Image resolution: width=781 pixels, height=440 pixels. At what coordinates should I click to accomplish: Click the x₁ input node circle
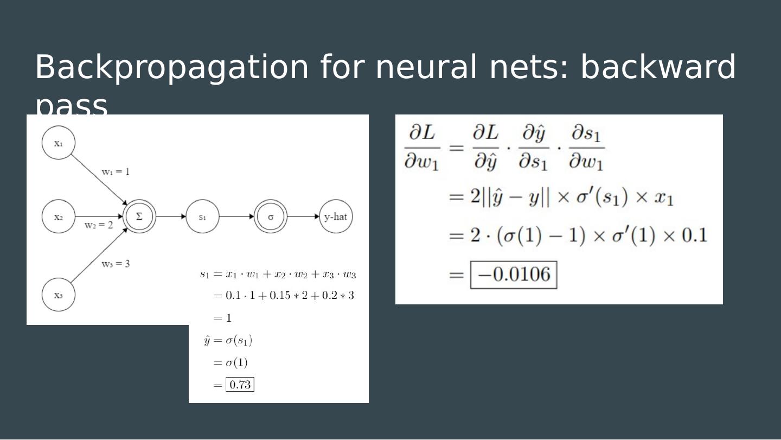[59, 143]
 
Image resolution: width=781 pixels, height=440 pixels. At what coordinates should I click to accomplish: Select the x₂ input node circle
[59, 216]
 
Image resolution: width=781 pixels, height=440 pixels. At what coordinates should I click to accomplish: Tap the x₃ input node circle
[59, 295]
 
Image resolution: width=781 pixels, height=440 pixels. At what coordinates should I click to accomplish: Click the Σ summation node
[139, 216]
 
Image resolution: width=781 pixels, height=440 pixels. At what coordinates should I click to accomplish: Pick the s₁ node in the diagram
[202, 216]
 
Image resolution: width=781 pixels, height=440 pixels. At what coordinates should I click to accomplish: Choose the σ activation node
[271, 216]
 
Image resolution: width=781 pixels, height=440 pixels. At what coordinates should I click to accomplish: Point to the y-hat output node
[336, 216]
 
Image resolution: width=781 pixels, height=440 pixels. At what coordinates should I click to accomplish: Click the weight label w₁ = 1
[116, 172]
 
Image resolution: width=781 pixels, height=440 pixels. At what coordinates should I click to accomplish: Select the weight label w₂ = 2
[99, 225]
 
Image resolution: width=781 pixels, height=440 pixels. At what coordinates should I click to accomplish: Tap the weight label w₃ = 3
[116, 264]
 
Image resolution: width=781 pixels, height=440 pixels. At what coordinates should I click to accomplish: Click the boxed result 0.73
[240, 385]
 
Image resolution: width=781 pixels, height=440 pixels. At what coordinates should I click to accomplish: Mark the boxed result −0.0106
[514, 275]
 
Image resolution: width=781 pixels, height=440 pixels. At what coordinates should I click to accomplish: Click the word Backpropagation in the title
[171, 67]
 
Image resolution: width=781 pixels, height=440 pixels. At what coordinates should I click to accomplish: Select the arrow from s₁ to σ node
[236, 216]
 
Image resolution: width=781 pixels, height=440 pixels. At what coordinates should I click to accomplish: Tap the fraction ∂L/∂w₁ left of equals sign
[422, 148]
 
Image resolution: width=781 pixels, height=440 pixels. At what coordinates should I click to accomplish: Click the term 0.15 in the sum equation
[280, 296]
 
